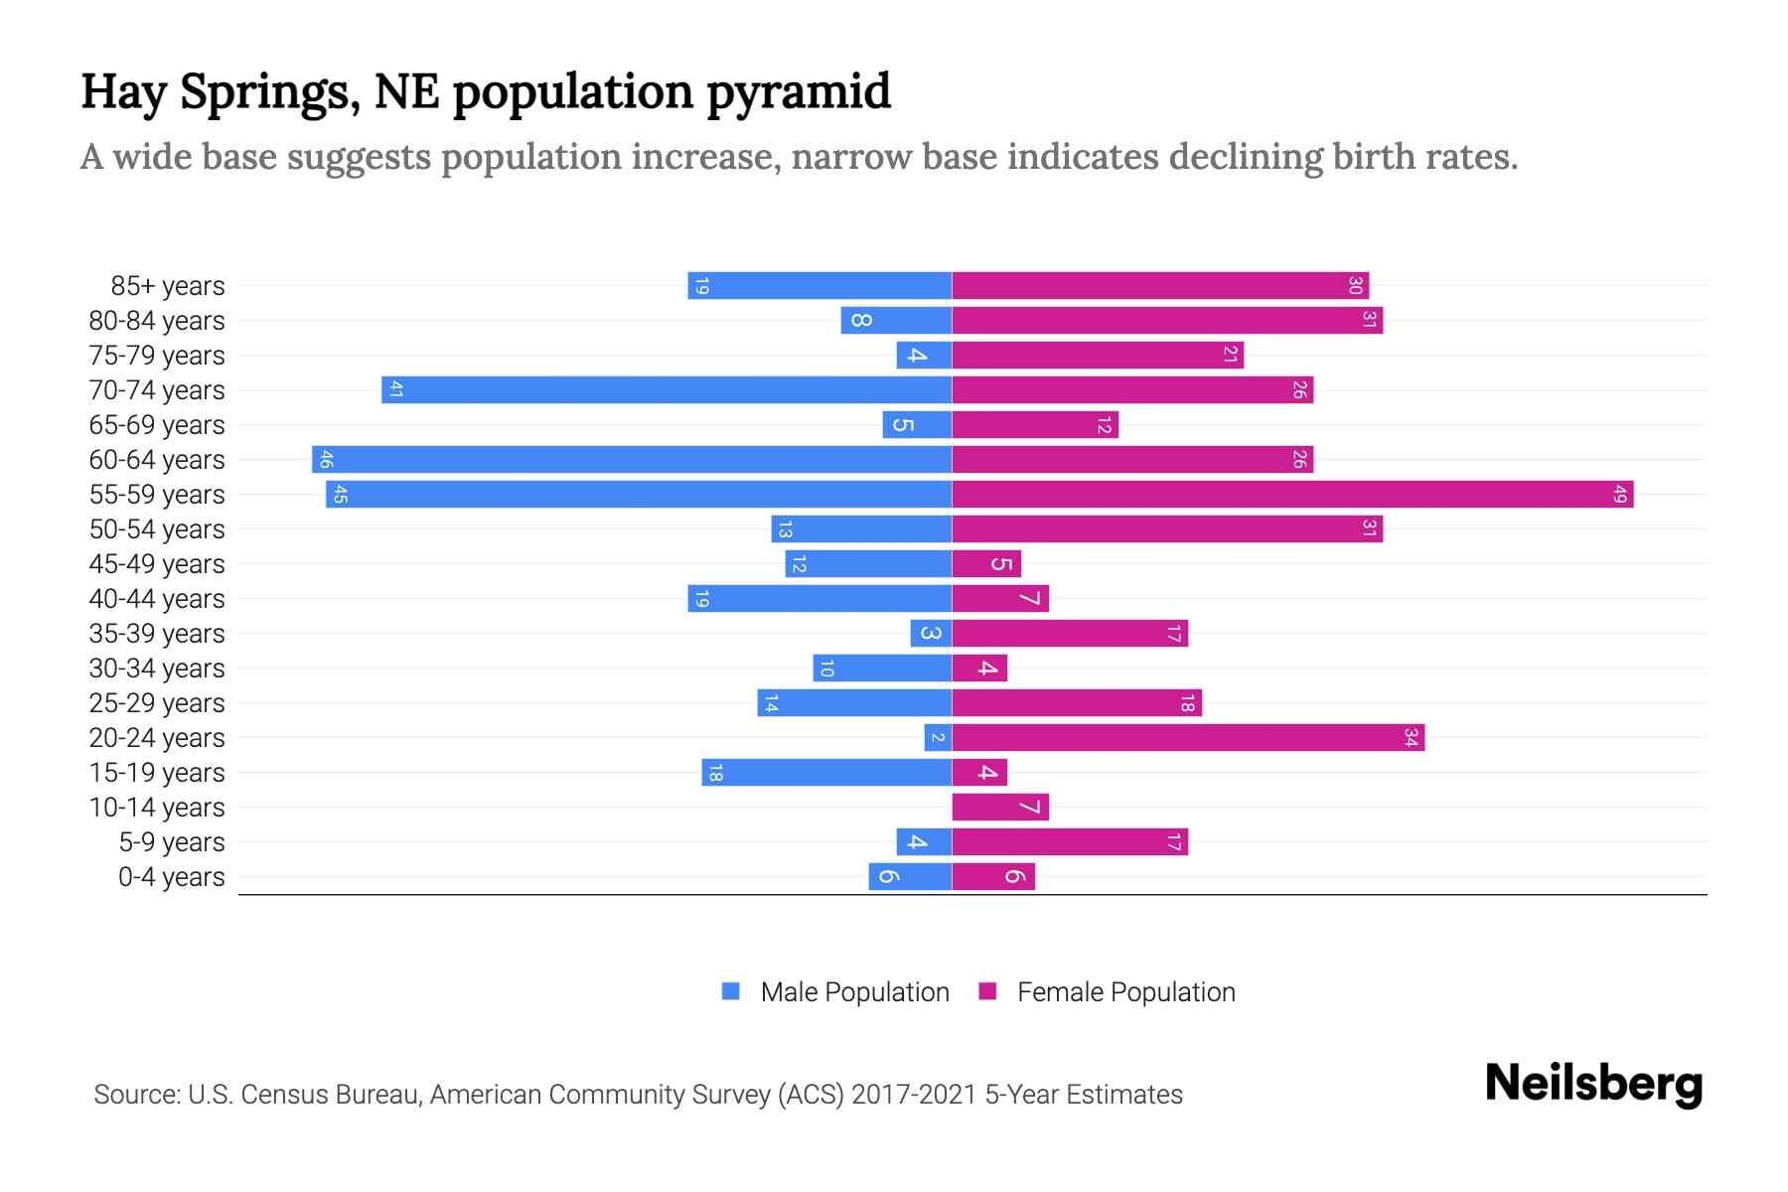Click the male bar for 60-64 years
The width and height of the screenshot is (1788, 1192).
click(x=632, y=460)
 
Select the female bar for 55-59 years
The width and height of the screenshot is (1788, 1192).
click(x=1291, y=495)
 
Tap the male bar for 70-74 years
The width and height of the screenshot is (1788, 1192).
click(x=667, y=390)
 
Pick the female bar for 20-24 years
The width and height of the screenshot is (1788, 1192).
click(x=1188, y=738)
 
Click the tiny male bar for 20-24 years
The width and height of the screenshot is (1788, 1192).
click(x=938, y=738)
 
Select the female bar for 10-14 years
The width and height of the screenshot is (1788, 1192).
click(x=1000, y=808)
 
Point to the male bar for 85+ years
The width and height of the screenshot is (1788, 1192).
click(x=819, y=286)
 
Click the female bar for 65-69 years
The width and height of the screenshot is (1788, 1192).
click(x=1035, y=425)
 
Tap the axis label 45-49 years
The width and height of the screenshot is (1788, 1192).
click(x=157, y=564)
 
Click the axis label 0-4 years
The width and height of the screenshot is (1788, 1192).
click(x=171, y=877)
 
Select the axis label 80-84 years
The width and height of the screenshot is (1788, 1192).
click(x=157, y=321)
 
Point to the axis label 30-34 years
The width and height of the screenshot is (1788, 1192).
click(x=157, y=669)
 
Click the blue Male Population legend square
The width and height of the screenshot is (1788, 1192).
click(x=731, y=991)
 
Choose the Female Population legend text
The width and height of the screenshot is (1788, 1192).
click(x=1125, y=992)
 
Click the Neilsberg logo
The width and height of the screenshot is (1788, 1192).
click(x=1593, y=1084)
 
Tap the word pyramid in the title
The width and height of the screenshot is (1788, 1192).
click(x=799, y=91)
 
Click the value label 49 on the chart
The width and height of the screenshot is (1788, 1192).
click(x=1620, y=495)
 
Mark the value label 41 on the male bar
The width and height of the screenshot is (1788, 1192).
click(x=395, y=390)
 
